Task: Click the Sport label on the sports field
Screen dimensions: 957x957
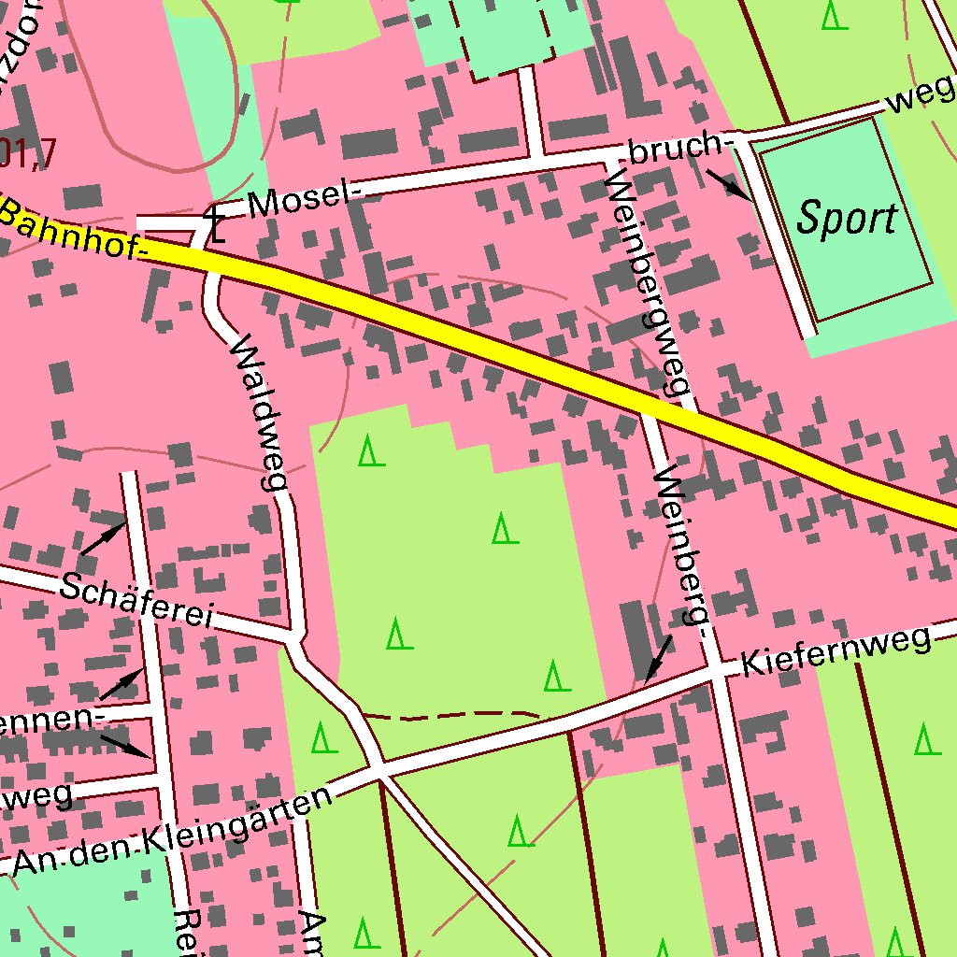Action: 846,218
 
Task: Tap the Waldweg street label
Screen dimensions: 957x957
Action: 257,411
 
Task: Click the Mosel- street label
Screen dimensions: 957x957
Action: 305,199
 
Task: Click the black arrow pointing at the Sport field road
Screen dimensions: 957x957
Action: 728,184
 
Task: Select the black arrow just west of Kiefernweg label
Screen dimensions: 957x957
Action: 659,658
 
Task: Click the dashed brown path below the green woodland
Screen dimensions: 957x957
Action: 449,716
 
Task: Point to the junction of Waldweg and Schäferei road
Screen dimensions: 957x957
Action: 293,638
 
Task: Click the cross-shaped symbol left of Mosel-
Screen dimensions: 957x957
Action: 215,225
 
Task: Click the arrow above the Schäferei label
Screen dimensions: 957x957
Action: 103,538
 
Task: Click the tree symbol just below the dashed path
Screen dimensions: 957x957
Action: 323,738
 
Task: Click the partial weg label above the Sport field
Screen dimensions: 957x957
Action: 921,96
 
